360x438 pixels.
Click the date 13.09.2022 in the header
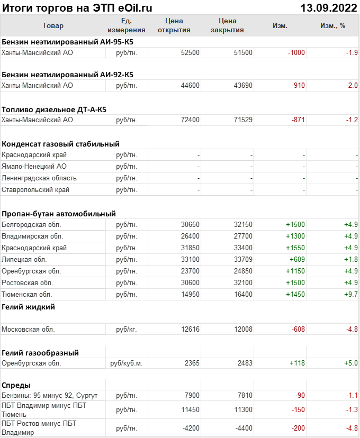click(x=328, y=7)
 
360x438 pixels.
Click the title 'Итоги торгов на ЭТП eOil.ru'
click(x=77, y=7)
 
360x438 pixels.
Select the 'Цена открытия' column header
click(x=174, y=25)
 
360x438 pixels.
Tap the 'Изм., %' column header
click(x=332, y=25)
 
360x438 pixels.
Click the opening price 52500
click(x=190, y=52)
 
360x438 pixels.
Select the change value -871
click(x=299, y=120)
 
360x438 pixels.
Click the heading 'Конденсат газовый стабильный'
click(x=60, y=144)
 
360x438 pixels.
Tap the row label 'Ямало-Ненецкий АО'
click(x=34, y=167)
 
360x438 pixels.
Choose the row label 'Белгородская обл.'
click(x=32, y=225)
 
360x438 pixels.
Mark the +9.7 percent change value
click(x=351, y=294)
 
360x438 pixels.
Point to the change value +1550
click(x=295, y=248)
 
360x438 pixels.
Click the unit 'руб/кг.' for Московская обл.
click(x=127, y=330)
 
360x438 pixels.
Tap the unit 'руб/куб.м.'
click(x=127, y=363)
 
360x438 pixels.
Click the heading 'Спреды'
click(x=16, y=385)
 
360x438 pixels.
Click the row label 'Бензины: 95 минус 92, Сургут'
click(x=50, y=396)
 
